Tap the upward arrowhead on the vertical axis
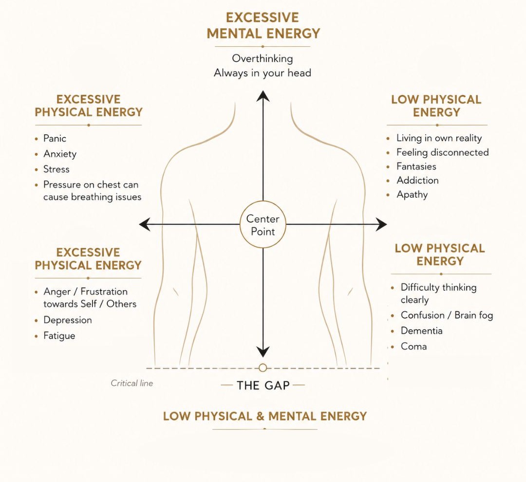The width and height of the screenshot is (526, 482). tap(263, 96)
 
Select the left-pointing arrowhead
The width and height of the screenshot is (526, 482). tap(145, 224)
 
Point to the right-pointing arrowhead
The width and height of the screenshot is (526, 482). tap(381, 224)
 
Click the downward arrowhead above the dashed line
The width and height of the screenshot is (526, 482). tap(263, 352)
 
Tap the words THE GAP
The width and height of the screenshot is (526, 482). tap(263, 386)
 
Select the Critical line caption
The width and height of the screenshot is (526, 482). tap(132, 383)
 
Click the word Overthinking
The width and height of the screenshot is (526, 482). tap(263, 59)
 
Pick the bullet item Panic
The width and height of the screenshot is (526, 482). tap(55, 139)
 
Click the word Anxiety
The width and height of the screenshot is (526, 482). tap(60, 154)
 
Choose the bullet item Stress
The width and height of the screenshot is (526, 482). tap(56, 169)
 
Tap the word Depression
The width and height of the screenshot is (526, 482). tap(68, 320)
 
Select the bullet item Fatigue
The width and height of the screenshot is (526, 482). tap(59, 336)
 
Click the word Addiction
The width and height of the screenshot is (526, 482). tap(418, 181)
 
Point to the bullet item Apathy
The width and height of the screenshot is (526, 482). tap(413, 195)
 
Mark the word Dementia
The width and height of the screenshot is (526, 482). tap(422, 331)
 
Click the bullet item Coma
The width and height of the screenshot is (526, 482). tap(413, 346)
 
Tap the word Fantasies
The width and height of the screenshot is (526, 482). tap(416, 167)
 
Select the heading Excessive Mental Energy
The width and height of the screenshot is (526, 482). tap(263, 25)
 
